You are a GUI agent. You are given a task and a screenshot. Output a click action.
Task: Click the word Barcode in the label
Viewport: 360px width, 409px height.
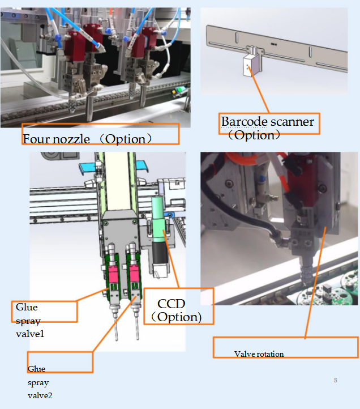pos(245,122)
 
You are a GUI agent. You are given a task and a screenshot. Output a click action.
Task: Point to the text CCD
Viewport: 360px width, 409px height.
pos(172,304)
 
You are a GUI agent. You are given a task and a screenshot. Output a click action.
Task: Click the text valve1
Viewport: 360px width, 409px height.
pos(30,334)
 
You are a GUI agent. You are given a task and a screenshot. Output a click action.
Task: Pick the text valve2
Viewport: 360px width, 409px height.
pos(40,395)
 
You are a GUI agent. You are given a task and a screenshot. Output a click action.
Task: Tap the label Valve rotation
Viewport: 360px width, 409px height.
pos(259,354)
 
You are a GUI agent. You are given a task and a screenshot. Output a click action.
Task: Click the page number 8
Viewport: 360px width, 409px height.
pos(336,380)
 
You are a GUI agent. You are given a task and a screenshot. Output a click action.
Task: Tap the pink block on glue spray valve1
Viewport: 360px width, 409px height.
pos(113,274)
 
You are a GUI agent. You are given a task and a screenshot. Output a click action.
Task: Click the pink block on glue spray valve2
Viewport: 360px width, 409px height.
pos(134,273)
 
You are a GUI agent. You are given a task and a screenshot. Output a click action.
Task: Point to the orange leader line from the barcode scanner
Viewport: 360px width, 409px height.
pos(259,90)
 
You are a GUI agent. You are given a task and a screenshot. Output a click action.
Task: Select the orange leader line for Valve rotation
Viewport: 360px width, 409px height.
pos(315,283)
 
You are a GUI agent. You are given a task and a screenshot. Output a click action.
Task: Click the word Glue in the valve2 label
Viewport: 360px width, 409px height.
pos(36,369)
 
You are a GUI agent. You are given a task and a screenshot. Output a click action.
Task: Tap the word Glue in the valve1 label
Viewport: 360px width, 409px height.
pos(27,307)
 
